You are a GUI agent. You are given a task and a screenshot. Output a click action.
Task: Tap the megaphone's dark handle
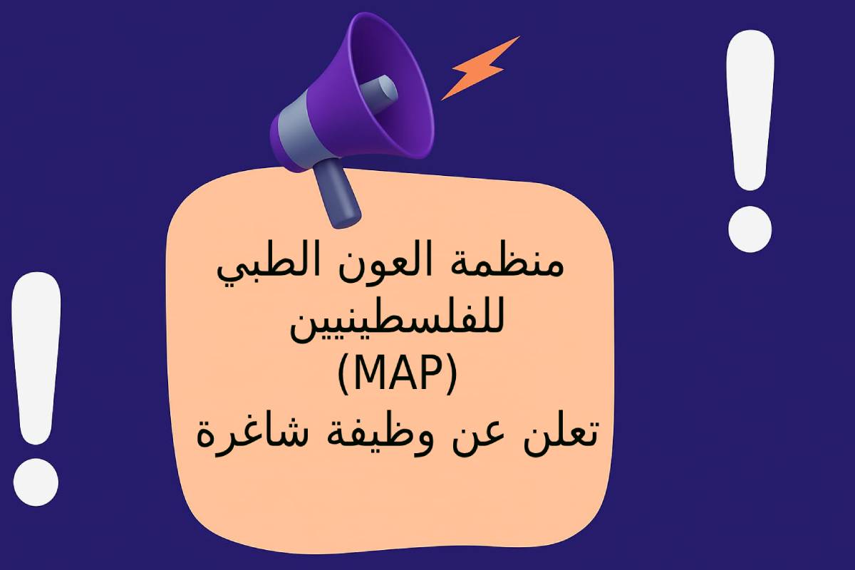tap(336, 194)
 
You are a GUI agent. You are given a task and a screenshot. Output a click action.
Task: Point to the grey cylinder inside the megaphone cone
tap(378, 93)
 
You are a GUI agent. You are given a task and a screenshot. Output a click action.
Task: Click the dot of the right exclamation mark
tap(750, 229)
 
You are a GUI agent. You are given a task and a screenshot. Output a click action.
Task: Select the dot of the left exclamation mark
tap(36, 482)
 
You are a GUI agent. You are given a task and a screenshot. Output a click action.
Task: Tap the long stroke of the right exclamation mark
tap(750, 110)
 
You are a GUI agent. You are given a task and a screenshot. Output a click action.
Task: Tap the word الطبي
tap(264, 267)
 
